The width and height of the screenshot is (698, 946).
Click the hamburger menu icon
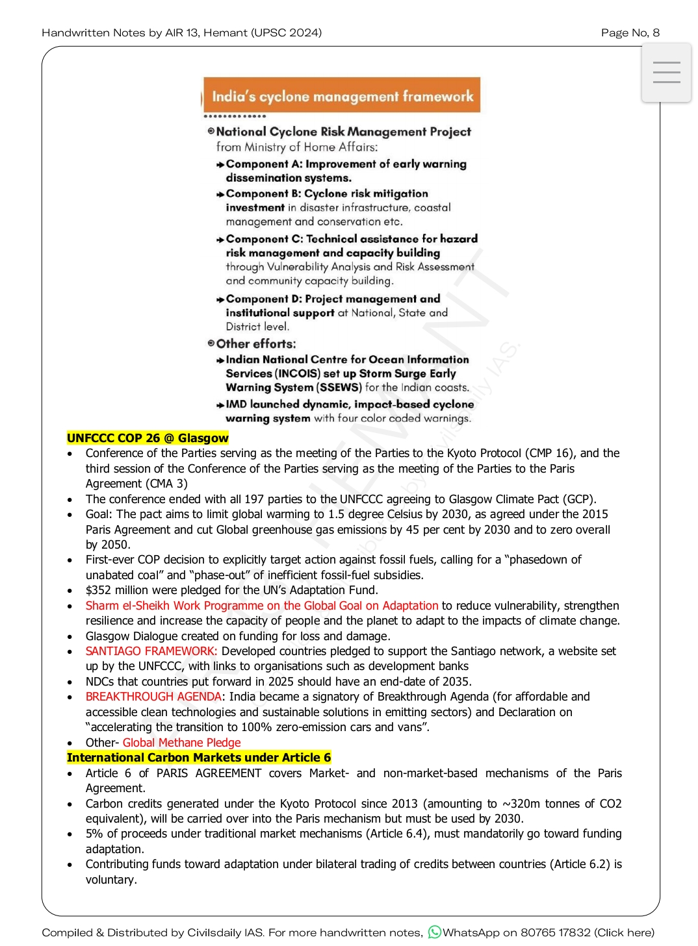(x=666, y=72)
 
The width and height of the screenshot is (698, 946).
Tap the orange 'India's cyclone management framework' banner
(x=342, y=96)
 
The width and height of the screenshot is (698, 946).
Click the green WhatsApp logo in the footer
(x=434, y=932)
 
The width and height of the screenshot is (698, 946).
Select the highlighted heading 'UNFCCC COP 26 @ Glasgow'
(x=148, y=438)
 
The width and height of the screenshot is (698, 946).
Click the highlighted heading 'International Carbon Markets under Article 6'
(x=199, y=758)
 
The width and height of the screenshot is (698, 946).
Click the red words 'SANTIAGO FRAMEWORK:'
(x=151, y=651)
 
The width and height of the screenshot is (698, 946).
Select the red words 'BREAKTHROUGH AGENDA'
(x=153, y=697)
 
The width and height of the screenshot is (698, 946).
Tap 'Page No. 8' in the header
(x=630, y=32)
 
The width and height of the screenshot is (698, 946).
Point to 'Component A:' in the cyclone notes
(x=264, y=164)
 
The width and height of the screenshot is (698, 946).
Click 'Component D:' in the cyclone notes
(x=264, y=299)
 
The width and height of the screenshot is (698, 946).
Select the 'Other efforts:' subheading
(x=255, y=344)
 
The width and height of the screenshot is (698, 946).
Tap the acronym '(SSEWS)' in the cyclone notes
(x=339, y=388)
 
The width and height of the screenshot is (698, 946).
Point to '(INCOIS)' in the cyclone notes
(x=298, y=373)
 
